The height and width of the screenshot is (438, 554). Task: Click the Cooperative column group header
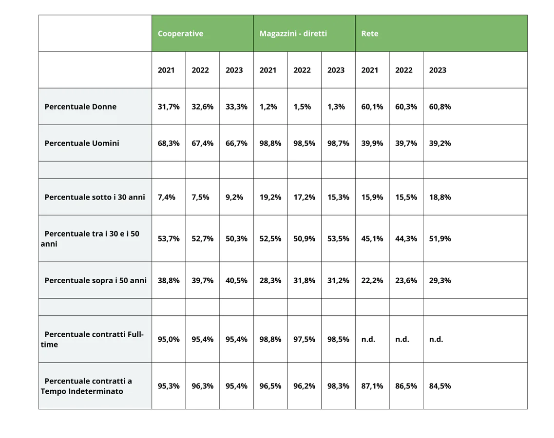(x=180, y=34)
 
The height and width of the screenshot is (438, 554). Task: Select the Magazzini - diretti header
(x=293, y=34)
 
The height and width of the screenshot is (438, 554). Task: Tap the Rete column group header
(x=370, y=34)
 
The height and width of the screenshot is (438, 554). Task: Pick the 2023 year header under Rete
(x=438, y=70)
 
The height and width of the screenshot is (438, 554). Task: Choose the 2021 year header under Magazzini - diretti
(x=267, y=70)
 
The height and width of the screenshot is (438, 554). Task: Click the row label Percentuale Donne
(x=80, y=107)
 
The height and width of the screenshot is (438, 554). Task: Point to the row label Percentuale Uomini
(x=82, y=143)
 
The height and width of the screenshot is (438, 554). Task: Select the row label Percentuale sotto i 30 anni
(x=95, y=197)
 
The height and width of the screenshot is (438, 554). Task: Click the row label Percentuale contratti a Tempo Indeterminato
(x=88, y=386)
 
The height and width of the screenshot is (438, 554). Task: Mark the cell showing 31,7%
(x=169, y=107)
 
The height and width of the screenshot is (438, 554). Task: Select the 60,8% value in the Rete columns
(x=440, y=107)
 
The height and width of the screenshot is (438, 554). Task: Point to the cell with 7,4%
(x=167, y=197)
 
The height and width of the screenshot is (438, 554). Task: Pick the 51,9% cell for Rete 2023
(x=440, y=238)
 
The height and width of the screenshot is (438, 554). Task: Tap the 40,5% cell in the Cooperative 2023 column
(x=236, y=280)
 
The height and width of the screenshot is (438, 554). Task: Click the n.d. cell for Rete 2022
(x=402, y=339)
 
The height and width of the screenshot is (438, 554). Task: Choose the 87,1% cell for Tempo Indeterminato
(x=372, y=386)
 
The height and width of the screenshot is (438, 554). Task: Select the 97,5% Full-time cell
(x=304, y=339)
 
